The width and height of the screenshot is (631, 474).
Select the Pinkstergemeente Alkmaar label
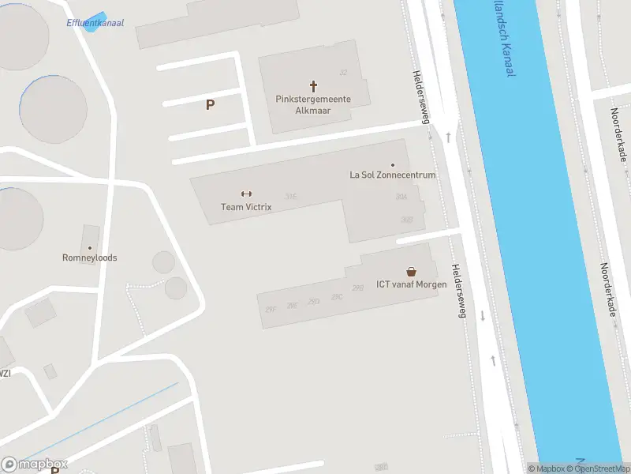coord(313,105)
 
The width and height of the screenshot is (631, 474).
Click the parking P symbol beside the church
coord(210,104)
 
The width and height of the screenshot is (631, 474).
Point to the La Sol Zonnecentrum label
coord(393,175)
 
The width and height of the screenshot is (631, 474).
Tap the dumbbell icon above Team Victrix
coord(245,194)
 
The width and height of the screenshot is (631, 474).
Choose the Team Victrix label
coord(246,207)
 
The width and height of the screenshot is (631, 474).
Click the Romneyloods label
coord(90,258)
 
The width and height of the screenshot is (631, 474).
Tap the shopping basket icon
coord(411,271)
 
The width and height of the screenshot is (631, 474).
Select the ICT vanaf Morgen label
coord(411,284)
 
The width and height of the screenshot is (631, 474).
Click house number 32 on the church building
coord(343,73)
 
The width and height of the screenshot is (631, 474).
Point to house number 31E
coord(291,196)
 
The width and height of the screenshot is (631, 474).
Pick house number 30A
coord(401,196)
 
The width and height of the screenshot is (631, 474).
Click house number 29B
coord(358,288)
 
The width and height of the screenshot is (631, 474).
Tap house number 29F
coord(271,309)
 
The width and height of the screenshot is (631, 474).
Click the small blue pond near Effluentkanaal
coord(95,20)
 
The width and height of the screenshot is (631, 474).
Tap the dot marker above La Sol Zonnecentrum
coord(393,164)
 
